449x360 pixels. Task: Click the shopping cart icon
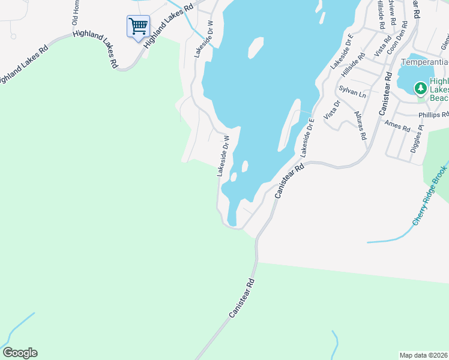pos(138,26)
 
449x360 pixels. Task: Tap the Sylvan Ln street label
pos(352,91)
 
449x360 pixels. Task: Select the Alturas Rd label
pos(360,125)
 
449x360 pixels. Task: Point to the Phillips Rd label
pos(433,114)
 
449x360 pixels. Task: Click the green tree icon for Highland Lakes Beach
pos(421,89)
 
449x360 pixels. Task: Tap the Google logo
pos(20,353)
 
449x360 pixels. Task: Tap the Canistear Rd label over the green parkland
pos(242,298)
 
